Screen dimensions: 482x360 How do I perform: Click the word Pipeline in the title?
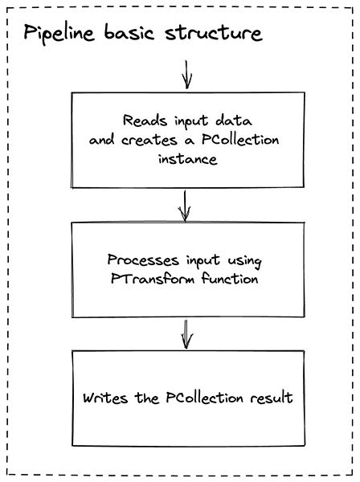click(61, 35)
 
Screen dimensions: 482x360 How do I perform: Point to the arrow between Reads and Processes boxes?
click(186, 205)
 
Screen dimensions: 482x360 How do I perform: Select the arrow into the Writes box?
click(186, 333)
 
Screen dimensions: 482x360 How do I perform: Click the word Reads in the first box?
click(141, 120)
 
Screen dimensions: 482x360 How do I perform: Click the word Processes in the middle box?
click(141, 261)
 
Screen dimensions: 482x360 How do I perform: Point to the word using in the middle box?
click(245, 261)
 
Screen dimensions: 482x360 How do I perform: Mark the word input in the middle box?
click(198, 261)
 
